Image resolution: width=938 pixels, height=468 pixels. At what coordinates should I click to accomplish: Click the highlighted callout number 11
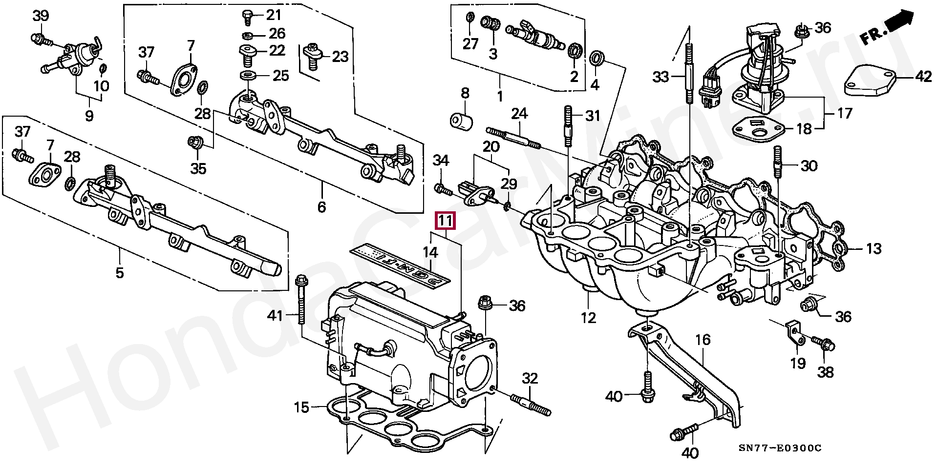coord(445,221)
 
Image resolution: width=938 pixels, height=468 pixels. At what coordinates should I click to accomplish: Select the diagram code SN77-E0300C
coord(780,448)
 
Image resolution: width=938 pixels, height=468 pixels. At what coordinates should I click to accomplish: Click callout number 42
coord(923,77)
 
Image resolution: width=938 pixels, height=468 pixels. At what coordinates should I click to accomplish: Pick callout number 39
coord(41,15)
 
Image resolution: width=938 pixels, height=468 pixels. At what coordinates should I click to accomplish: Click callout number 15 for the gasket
coord(302,407)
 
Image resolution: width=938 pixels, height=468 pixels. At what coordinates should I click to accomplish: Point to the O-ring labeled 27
coord(470,19)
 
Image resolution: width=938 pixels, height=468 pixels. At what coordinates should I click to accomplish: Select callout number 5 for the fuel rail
coord(120,272)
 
